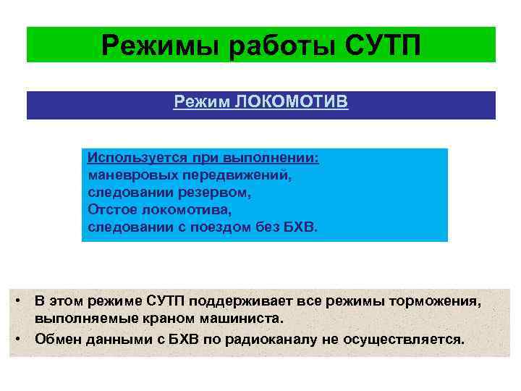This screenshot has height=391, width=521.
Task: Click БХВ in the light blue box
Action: click(x=300, y=227)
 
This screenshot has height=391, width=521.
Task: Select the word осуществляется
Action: click(x=408, y=338)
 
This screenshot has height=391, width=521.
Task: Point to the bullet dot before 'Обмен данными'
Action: click(x=24, y=338)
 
